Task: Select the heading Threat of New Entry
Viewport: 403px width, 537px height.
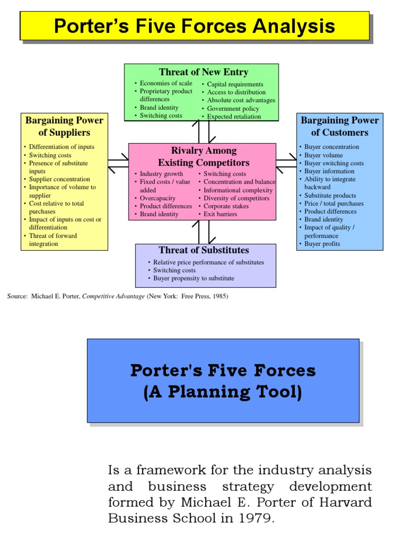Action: tap(204, 72)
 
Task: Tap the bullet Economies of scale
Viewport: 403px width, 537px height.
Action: tap(166, 83)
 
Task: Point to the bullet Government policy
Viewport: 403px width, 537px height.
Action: tap(232, 109)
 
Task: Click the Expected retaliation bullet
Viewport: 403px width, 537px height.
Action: tap(234, 116)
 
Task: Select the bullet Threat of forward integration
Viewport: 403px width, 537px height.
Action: tap(52, 240)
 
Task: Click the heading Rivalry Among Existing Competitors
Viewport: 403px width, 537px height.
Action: tap(204, 157)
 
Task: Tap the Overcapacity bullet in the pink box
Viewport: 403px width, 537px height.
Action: tap(157, 198)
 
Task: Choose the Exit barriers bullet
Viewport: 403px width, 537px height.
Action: tap(220, 214)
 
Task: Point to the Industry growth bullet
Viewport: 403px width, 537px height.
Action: tap(161, 174)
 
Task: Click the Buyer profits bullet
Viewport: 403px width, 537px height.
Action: tap(322, 244)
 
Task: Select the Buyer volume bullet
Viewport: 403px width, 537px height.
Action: tap(323, 155)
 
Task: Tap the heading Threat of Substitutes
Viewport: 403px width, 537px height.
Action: tap(204, 250)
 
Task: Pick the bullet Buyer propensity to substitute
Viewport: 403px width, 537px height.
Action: tap(194, 278)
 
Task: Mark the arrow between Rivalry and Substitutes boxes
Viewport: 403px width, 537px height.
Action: tap(204, 232)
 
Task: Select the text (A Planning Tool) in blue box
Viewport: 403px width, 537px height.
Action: tap(223, 392)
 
